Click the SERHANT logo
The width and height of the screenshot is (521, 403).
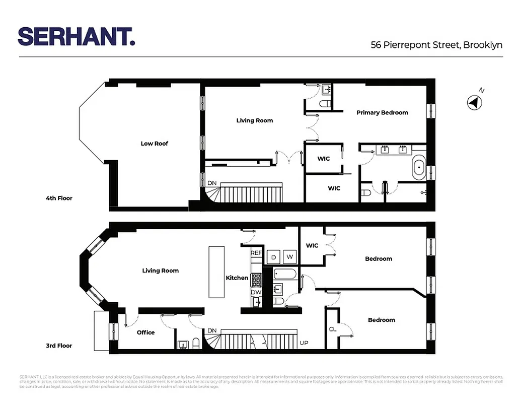point(77,37)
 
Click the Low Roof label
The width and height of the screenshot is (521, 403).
point(154,144)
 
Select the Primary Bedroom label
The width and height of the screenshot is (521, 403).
point(382,112)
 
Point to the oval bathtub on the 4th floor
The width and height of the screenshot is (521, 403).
point(418,169)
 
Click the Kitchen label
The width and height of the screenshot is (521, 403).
point(237,278)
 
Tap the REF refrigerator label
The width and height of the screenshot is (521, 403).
point(256,253)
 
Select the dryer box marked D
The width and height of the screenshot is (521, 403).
point(274,257)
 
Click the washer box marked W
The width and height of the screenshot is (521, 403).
point(290,257)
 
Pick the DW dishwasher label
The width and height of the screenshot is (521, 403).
point(256,293)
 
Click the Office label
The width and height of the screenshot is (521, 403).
point(145,332)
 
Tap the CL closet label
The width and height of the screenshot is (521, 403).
point(332,329)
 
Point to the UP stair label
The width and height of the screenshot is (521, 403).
point(304,343)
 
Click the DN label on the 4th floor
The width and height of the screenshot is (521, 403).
point(212,183)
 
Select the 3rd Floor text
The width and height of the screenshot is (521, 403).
point(59,346)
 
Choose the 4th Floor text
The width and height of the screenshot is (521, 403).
point(59,198)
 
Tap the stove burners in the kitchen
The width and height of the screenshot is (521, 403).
point(256,280)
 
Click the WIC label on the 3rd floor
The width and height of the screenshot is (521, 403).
point(312,246)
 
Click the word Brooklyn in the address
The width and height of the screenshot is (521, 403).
point(483,45)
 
